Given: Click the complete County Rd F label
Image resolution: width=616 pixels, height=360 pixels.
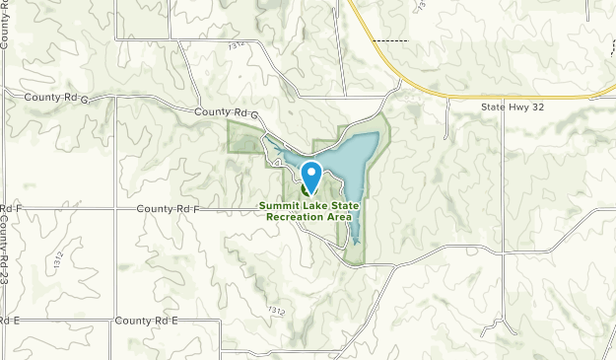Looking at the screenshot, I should (x=168, y=209).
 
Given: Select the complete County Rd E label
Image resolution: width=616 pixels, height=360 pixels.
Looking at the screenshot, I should (x=146, y=322).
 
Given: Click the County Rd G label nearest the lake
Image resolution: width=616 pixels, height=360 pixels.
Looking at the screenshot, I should (x=226, y=114).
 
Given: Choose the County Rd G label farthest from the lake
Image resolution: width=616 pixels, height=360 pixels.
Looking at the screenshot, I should (x=59, y=99).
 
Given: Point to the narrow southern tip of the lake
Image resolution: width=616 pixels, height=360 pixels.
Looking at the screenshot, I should (x=355, y=237).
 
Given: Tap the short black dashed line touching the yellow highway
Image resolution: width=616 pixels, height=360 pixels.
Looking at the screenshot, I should (x=392, y=40).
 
